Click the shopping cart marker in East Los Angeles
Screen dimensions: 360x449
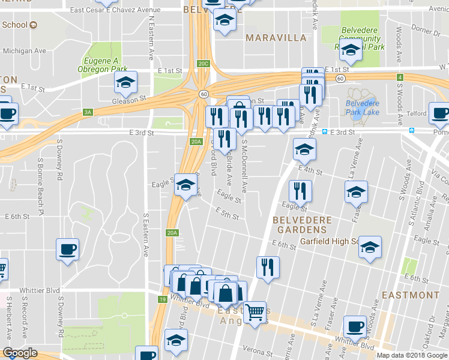255,312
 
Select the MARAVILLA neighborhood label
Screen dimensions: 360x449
276,37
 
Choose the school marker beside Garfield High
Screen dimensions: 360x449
370,247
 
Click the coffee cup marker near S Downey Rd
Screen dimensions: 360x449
67,248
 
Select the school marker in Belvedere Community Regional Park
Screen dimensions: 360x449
351,52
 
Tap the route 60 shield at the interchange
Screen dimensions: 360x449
204,94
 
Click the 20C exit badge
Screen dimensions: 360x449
203,64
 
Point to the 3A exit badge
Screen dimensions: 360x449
88,112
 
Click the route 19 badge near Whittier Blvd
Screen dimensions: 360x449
162,299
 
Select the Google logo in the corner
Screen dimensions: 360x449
20,353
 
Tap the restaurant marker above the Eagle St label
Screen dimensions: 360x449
300,191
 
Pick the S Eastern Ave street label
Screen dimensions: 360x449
146,234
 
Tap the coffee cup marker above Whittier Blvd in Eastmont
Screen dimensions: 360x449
355,326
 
